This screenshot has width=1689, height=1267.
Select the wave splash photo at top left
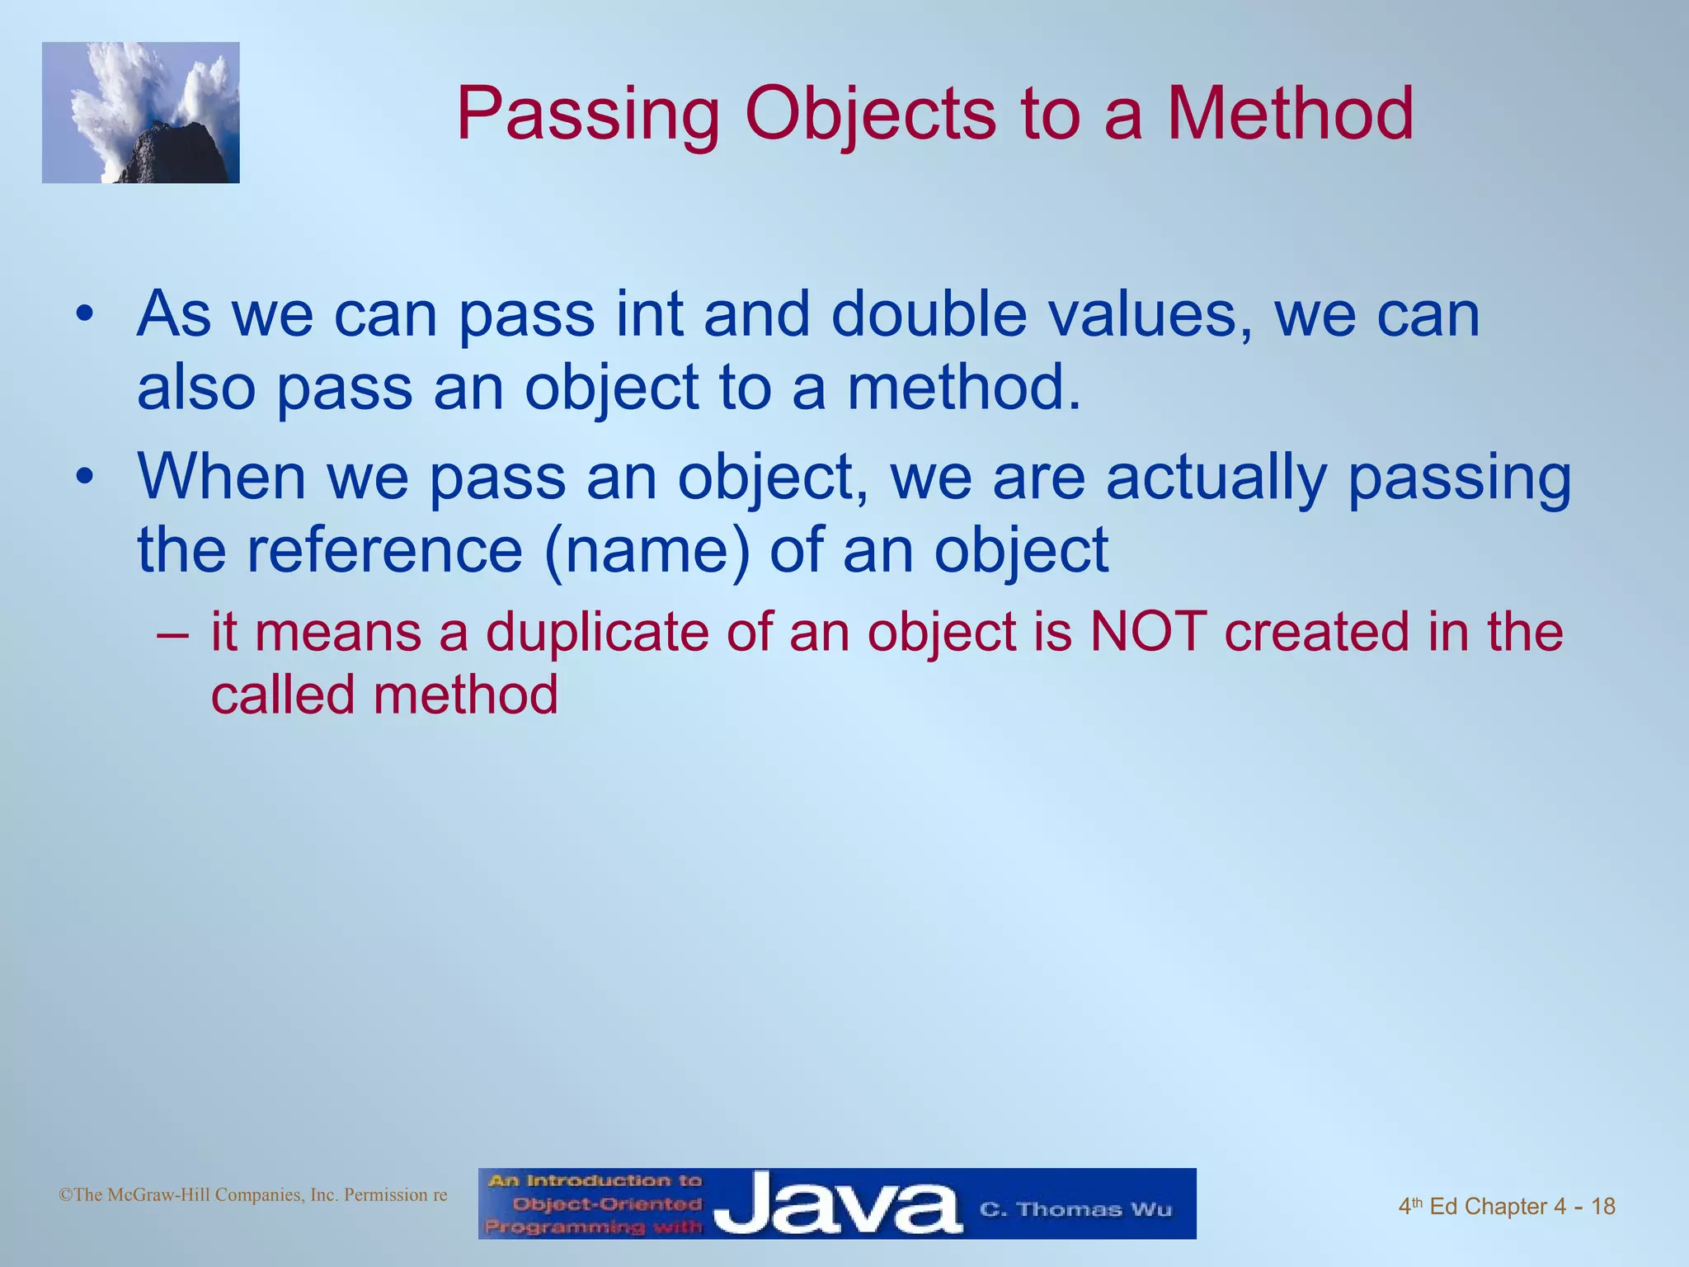pos(141,113)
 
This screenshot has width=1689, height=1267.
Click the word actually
pos(1216,478)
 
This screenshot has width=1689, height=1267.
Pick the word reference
pos(384,550)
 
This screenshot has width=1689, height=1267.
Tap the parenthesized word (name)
pos(647,551)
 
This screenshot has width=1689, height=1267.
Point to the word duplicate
pos(597,633)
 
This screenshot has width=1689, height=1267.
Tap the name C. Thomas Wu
pos(1075,1209)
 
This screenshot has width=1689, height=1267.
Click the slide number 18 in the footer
pos(1602,1207)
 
